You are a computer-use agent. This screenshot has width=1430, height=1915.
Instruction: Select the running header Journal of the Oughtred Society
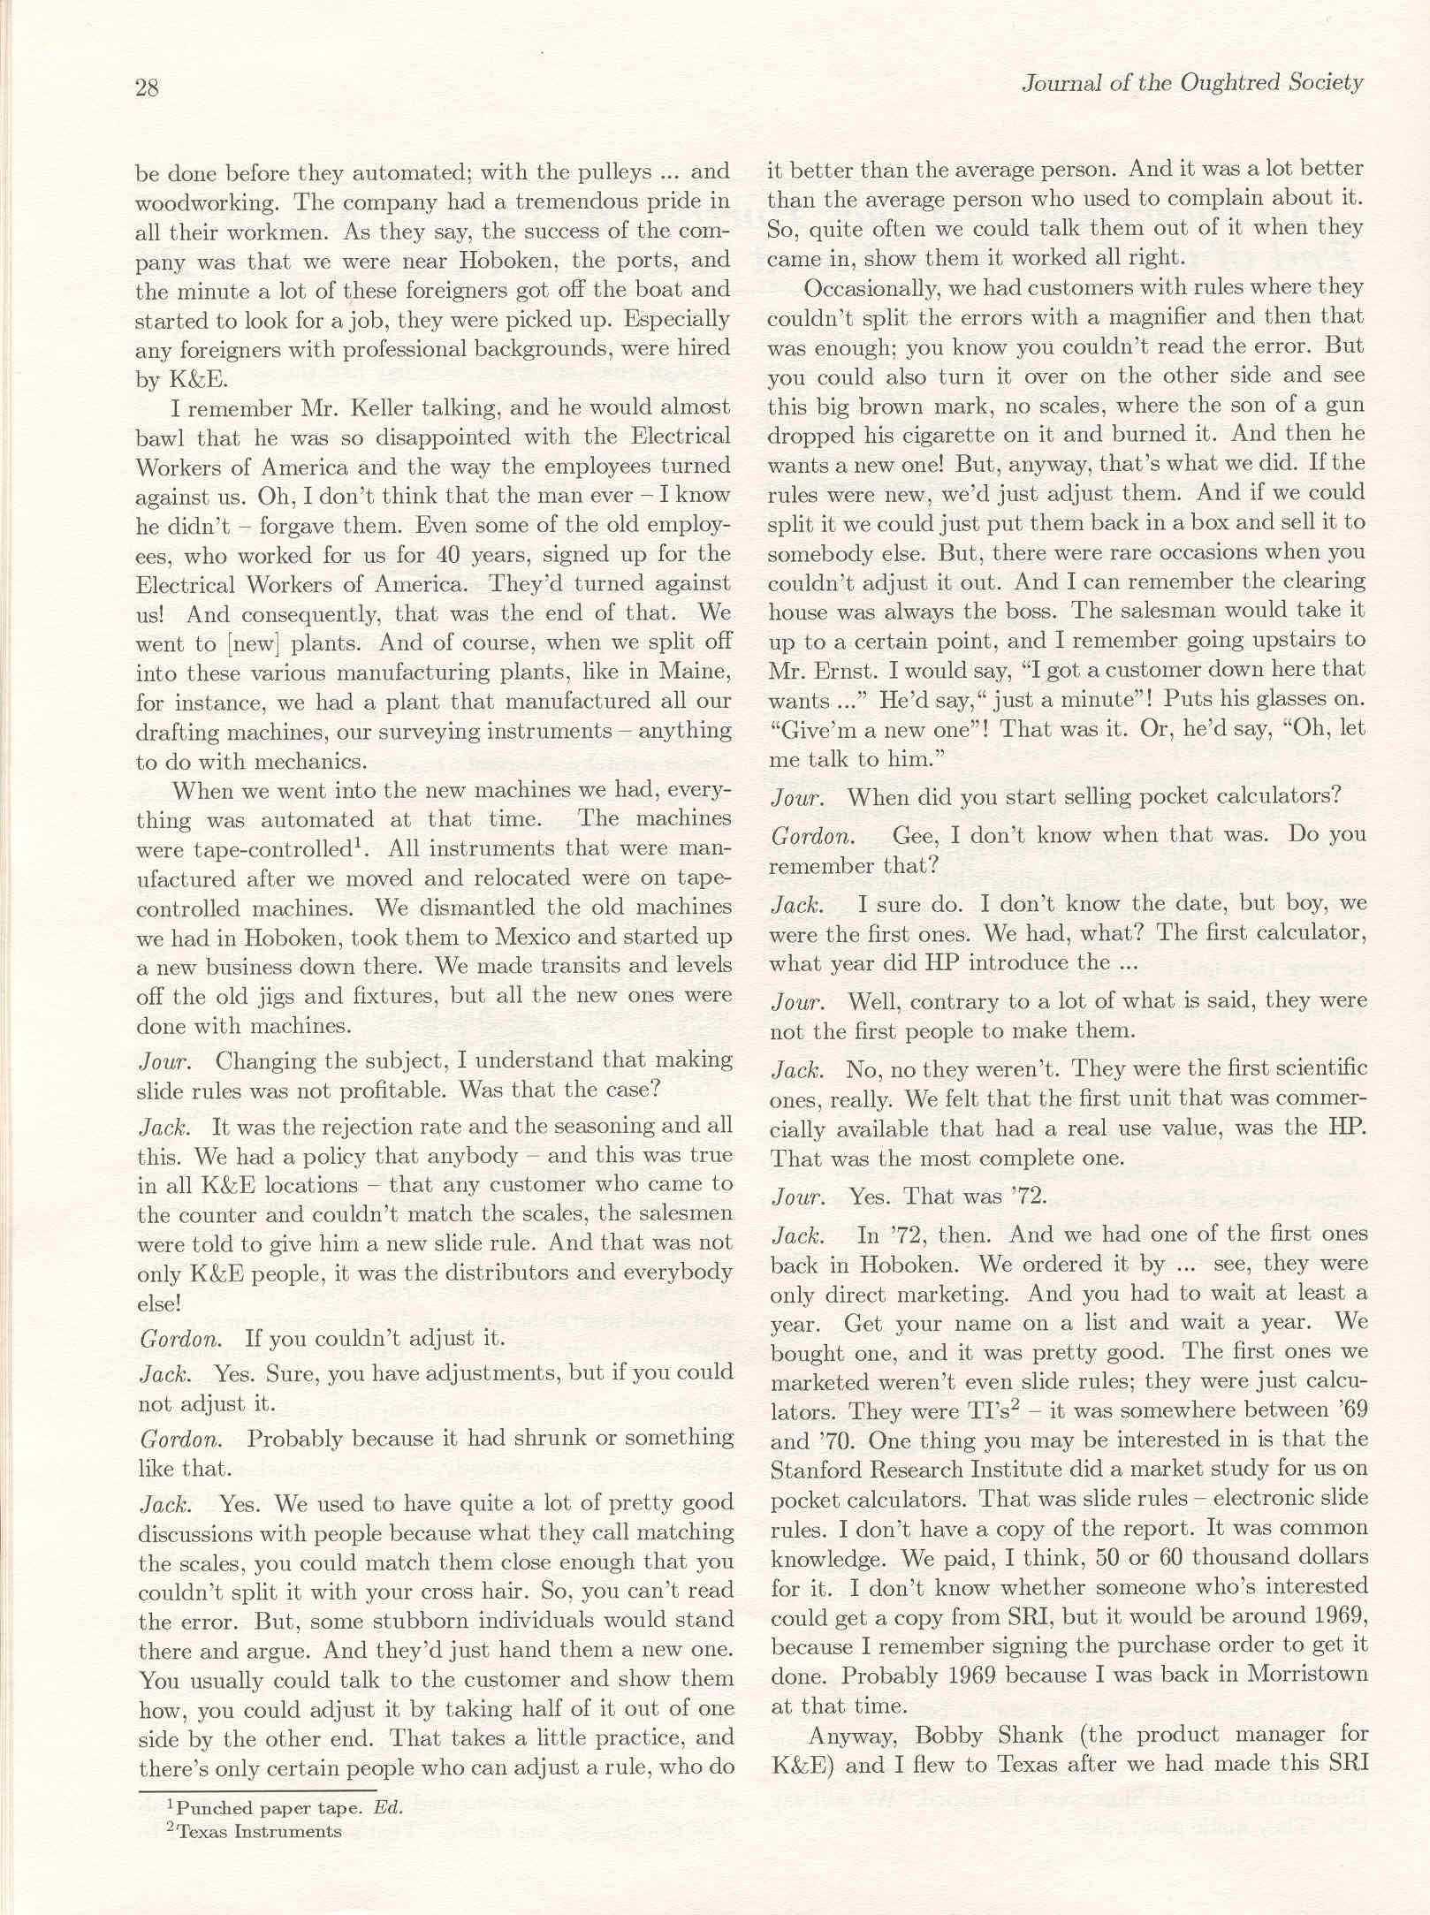(x=1191, y=83)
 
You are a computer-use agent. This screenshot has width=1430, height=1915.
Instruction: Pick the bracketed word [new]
(x=256, y=642)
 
